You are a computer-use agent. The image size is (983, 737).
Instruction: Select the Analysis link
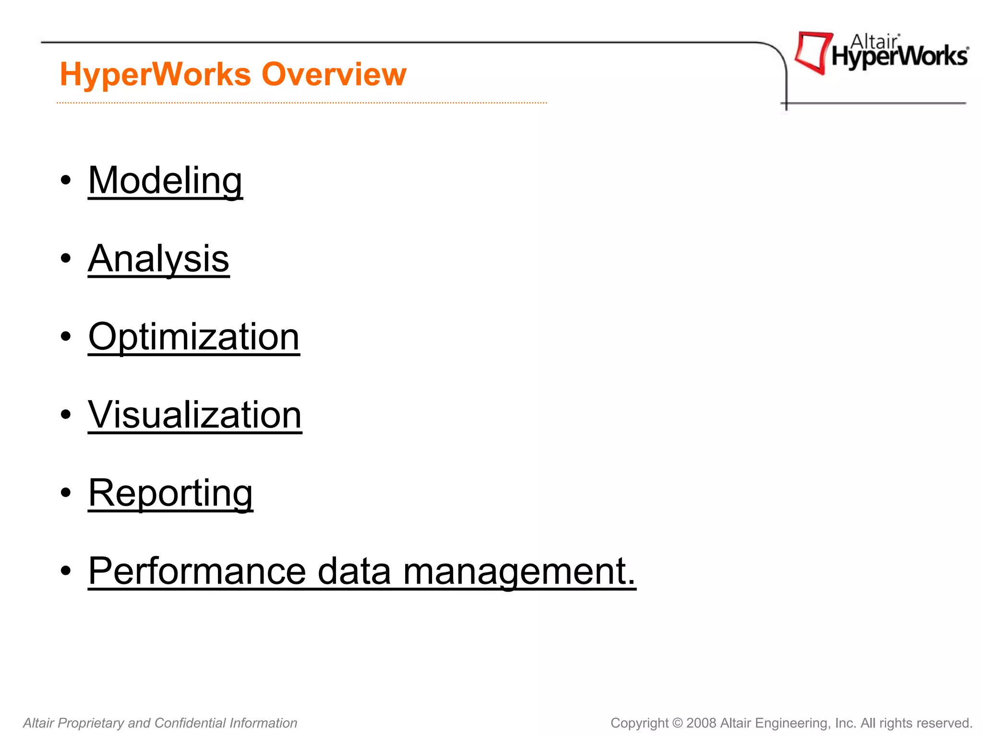158,259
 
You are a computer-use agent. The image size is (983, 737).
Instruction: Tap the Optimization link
194,337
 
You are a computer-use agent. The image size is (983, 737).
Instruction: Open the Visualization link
195,415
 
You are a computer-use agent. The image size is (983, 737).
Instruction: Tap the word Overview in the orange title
334,74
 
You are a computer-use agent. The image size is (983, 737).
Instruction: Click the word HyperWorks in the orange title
156,74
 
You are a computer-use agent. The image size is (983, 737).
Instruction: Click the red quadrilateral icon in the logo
813,52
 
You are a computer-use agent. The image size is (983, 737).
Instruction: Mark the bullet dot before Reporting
66,493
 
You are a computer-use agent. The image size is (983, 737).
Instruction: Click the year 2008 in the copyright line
701,723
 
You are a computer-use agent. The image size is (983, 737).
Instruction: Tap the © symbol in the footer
677,723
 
